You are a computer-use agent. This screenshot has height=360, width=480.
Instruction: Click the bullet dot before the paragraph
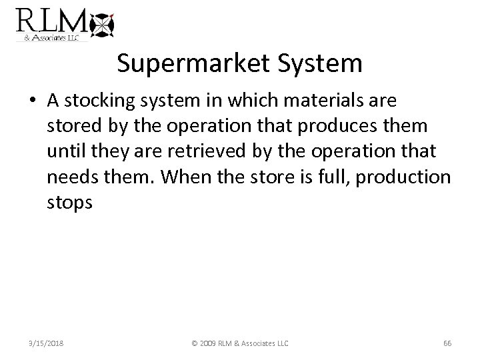(x=33, y=101)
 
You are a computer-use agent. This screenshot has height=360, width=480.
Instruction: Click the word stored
(x=70, y=126)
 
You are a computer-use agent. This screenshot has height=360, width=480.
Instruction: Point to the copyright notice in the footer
(x=240, y=343)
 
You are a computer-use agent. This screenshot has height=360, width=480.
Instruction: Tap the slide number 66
(x=447, y=343)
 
